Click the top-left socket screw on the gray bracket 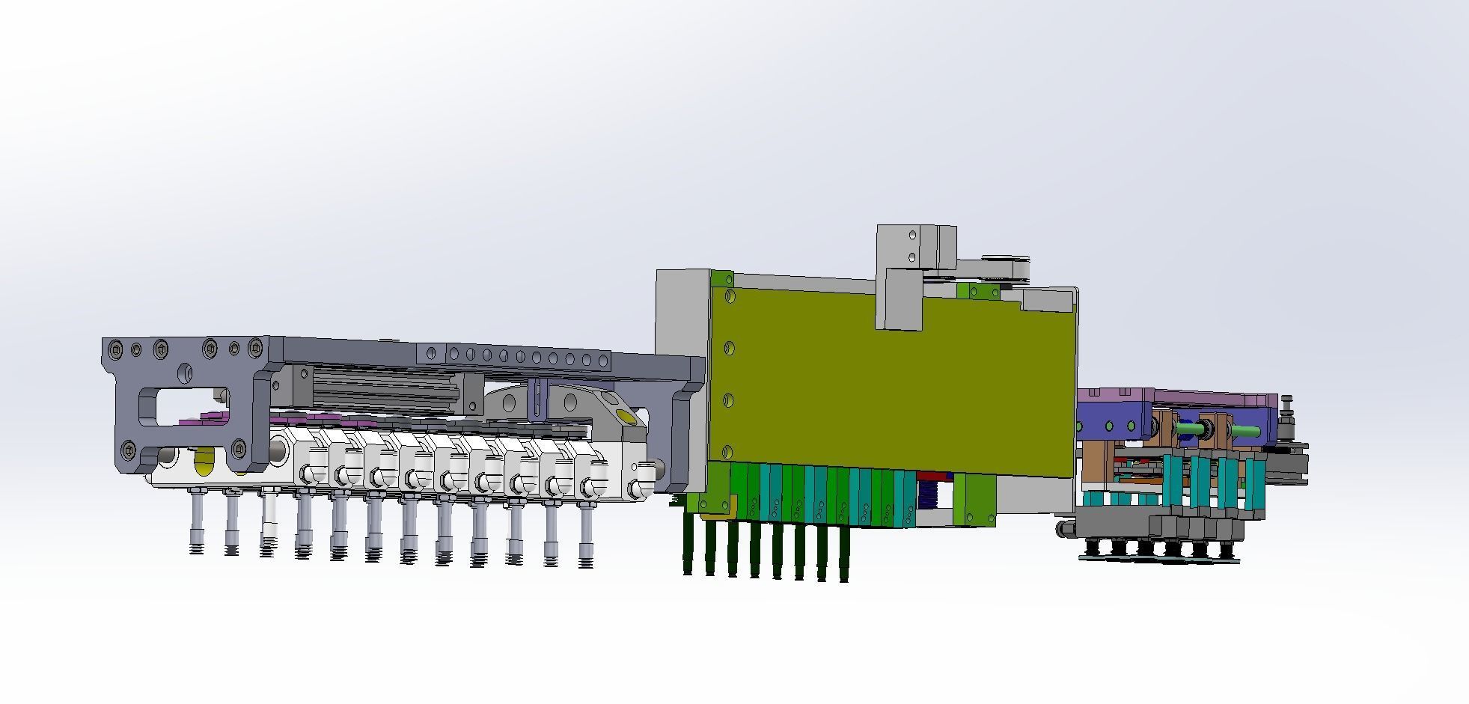[x=114, y=349]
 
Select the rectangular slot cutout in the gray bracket [x=184, y=405]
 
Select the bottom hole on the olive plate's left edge [x=727, y=452]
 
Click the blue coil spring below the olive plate [x=928, y=495]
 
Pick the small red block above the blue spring [x=932, y=477]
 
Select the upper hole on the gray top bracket [x=912, y=236]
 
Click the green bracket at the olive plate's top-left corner [x=722, y=279]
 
